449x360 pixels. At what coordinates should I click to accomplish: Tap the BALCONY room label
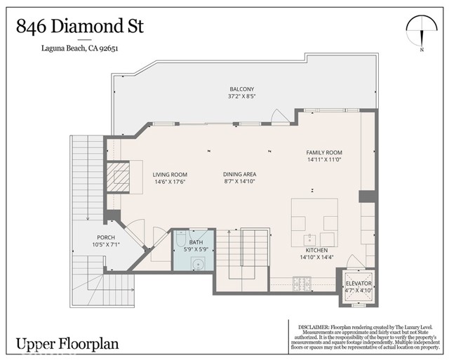(241, 89)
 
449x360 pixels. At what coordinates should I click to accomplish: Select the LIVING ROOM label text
(170, 175)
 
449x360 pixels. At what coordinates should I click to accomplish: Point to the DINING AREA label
(239, 175)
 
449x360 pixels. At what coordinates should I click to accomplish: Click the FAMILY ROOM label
(323, 152)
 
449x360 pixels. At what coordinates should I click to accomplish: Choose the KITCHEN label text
(317, 250)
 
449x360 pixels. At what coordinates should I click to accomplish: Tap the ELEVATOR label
(358, 283)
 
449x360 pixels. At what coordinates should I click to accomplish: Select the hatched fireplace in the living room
(118, 175)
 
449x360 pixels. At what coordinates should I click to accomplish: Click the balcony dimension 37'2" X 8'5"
(241, 98)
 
